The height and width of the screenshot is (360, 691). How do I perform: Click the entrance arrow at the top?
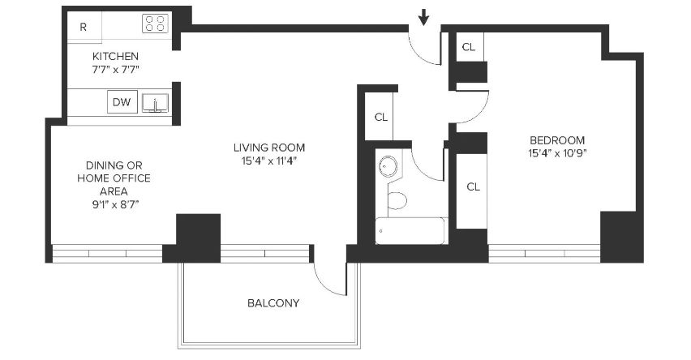coord(423,18)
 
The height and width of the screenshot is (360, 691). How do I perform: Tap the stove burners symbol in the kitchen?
coord(155,24)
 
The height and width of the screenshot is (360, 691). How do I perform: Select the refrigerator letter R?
coord(83,27)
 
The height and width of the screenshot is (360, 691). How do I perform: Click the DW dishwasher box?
coord(122,102)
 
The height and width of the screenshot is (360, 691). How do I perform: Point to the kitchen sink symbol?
coord(155,103)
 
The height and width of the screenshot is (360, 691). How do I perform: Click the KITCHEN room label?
coord(115,57)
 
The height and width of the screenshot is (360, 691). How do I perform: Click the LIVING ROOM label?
coord(269,148)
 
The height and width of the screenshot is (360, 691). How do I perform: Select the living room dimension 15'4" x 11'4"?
coord(269,161)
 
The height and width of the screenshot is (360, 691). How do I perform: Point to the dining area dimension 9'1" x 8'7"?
coord(115,204)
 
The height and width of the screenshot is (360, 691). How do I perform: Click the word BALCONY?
coord(273,303)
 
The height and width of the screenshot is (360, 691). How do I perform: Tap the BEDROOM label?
coord(557,140)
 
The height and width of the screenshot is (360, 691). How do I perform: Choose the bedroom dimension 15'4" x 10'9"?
coord(557,153)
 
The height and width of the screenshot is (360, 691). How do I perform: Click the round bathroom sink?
coord(388,166)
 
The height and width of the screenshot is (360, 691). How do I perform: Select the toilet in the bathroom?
coord(397,200)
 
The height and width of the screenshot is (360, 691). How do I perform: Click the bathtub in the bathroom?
coord(411,230)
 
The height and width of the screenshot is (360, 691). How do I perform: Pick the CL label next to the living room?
coord(381,118)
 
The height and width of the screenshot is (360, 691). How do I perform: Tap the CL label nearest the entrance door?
coord(469,47)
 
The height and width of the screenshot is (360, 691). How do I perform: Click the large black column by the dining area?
coord(199,238)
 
